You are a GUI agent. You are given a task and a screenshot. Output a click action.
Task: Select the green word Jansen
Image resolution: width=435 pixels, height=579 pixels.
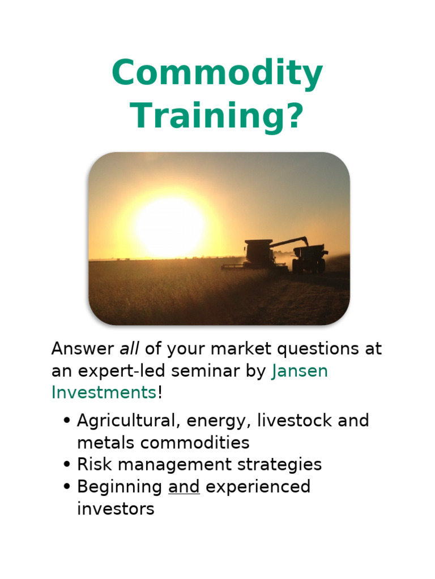click(300, 371)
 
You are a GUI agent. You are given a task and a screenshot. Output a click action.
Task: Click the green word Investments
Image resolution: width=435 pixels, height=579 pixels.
click(104, 392)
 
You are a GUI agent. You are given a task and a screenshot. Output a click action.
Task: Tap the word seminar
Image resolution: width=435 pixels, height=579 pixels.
click(211, 371)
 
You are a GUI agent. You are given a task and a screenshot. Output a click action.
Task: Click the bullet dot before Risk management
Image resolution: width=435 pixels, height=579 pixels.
click(67, 465)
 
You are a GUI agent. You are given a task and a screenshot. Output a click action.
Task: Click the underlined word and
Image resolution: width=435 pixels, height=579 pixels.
click(184, 487)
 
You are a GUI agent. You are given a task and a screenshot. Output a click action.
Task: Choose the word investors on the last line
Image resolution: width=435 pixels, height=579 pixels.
click(116, 509)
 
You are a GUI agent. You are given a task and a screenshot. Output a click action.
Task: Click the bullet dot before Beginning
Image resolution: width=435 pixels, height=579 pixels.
click(67, 487)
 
